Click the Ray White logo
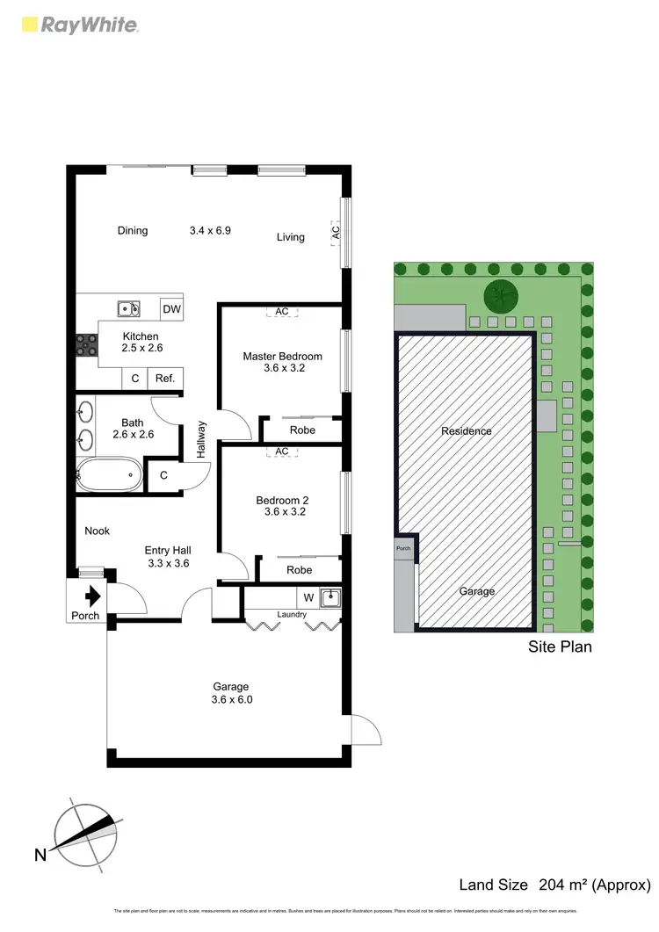pyautogui.click(x=78, y=25)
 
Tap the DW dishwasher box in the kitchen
pyautogui.click(x=171, y=308)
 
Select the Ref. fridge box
pyautogui.click(x=165, y=379)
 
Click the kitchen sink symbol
pyautogui.click(x=129, y=308)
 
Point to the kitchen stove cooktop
pyautogui.click(x=86, y=345)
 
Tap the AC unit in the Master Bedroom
pyautogui.click(x=282, y=312)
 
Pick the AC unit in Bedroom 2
pyautogui.click(x=282, y=452)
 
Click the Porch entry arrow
pyautogui.click(x=92, y=596)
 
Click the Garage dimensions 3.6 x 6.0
pyautogui.click(x=231, y=700)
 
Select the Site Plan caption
pyautogui.click(x=560, y=647)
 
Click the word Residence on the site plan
pyautogui.click(x=466, y=431)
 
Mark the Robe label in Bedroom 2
pyautogui.click(x=300, y=569)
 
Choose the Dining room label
pyautogui.click(x=133, y=231)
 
